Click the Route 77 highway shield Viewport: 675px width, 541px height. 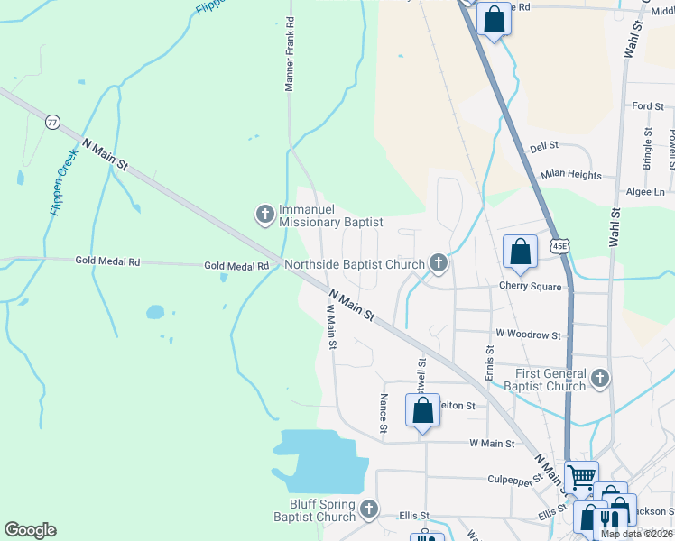click(x=51, y=122)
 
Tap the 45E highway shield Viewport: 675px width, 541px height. click(x=561, y=245)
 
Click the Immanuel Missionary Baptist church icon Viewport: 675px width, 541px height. click(x=265, y=214)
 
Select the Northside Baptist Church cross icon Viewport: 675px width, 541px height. click(x=439, y=263)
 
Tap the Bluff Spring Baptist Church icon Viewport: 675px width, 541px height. click(x=368, y=510)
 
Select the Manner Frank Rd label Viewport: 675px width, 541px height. click(x=290, y=53)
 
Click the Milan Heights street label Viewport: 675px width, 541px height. click(x=570, y=175)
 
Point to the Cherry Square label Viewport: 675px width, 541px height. click(x=531, y=287)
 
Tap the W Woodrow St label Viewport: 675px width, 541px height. click(x=528, y=335)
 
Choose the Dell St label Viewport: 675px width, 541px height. click(x=544, y=145)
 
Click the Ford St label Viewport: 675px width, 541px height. click(x=648, y=106)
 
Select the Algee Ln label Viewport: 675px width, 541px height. click(x=645, y=192)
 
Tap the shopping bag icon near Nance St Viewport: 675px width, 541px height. click(x=423, y=411)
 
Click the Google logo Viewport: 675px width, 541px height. click(x=30, y=530)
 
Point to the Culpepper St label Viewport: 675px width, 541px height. click(x=513, y=480)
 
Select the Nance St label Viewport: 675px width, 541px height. click(x=384, y=412)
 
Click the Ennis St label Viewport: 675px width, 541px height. click(x=490, y=361)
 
